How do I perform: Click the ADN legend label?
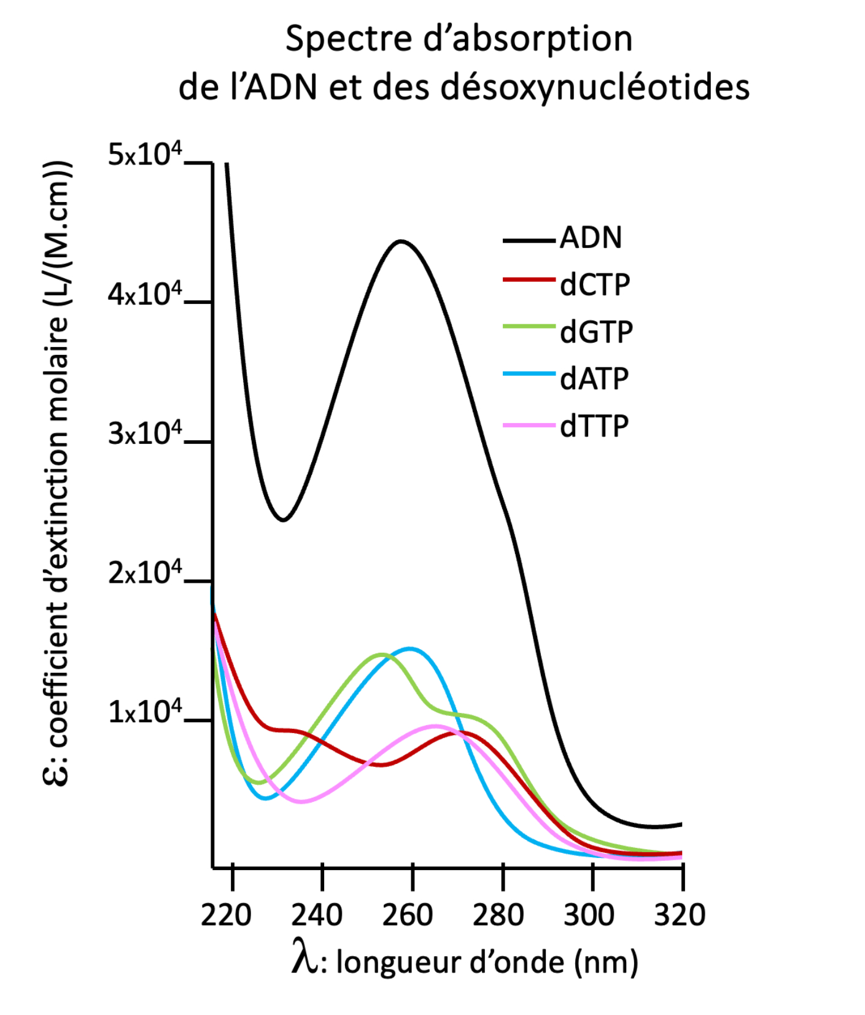point(591,238)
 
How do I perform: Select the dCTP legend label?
point(594,285)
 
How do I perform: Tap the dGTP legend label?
point(595,332)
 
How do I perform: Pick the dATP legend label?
point(594,379)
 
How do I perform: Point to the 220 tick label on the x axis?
point(226,915)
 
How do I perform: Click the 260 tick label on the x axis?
point(407,915)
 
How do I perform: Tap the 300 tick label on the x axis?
point(588,915)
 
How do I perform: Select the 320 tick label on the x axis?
point(680,915)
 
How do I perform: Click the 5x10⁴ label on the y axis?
point(145,155)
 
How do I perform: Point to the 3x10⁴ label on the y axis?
point(145,434)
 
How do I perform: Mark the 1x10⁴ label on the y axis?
point(145,712)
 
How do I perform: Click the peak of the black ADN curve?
point(401,241)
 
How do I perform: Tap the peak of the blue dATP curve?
point(409,648)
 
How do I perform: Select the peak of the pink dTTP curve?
point(435,726)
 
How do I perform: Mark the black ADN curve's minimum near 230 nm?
point(283,520)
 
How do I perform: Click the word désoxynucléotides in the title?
point(595,87)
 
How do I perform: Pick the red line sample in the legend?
point(529,280)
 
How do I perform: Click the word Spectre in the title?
point(348,39)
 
